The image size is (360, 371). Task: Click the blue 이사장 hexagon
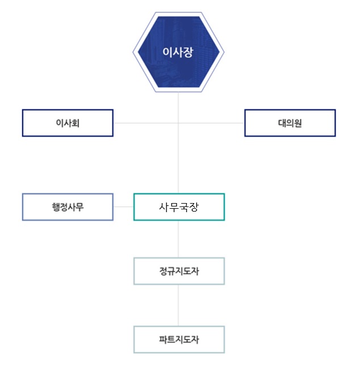pos(178,52)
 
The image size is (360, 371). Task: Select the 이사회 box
pos(68,123)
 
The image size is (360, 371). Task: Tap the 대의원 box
pos(290,123)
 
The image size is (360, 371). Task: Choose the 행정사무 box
pos(68,207)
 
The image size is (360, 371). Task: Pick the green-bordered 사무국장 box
pos(179,207)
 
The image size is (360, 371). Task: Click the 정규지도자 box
pos(179,271)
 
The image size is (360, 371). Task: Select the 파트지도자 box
pos(179,340)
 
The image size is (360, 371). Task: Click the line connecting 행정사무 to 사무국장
pos(123,207)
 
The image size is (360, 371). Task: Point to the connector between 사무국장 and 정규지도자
pos(178,239)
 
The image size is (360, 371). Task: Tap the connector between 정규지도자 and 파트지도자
pos(178,305)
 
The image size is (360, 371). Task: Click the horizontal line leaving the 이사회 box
pos(146,123)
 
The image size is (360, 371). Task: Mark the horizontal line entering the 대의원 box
pos(211,123)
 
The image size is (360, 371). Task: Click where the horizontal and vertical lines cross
pos(178,123)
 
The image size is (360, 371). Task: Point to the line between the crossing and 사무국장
pos(178,158)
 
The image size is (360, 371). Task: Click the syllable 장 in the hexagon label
pos(189,52)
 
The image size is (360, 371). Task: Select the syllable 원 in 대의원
pos(298,123)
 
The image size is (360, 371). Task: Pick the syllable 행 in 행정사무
pos(56,207)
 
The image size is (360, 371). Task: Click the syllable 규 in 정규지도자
pos(171,271)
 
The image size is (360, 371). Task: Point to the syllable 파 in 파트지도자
pos(163,340)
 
